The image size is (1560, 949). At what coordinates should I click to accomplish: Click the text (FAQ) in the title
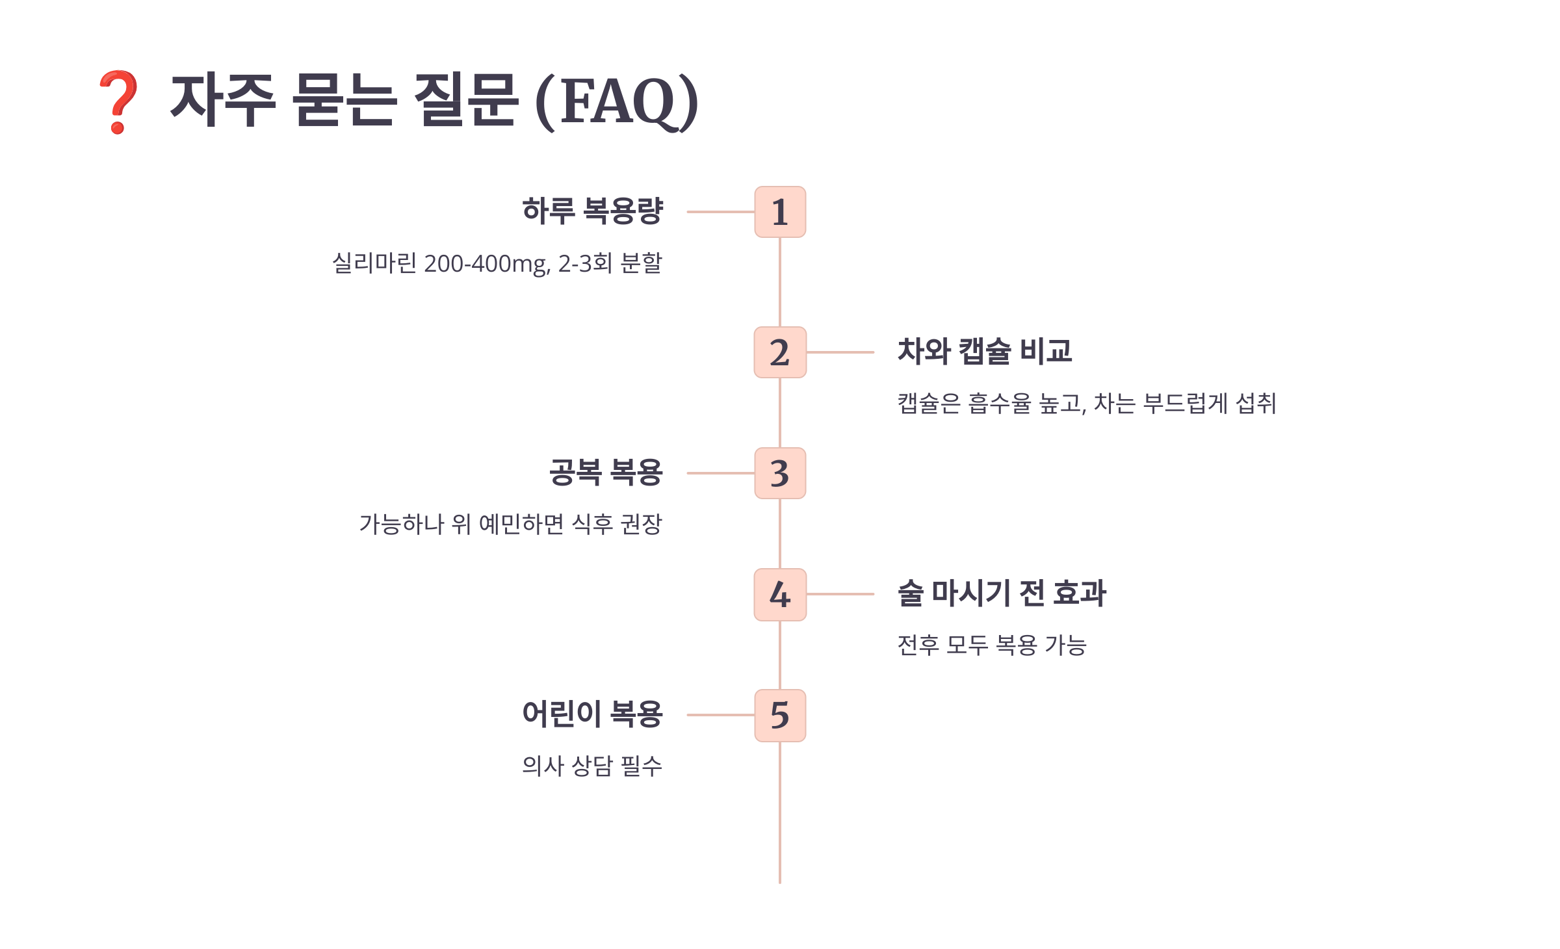point(616,101)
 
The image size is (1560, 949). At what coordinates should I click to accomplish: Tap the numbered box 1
point(780,212)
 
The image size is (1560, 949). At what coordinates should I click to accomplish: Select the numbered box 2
point(780,352)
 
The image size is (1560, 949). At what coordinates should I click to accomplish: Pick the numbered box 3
point(780,473)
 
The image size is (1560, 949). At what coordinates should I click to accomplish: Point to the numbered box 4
point(780,595)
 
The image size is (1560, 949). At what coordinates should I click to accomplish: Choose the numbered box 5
point(780,715)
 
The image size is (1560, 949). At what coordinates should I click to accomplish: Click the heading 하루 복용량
point(592,211)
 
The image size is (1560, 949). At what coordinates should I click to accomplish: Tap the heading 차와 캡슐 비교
point(984,351)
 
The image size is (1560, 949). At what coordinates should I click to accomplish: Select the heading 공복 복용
point(605,473)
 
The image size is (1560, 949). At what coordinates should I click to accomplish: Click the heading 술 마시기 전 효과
point(1002,593)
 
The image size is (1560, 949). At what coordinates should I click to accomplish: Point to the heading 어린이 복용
point(592,714)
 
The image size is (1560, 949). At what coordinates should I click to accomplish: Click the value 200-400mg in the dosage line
point(486,264)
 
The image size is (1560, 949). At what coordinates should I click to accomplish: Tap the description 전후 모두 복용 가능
point(992,645)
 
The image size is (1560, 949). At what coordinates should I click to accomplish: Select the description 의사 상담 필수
point(592,766)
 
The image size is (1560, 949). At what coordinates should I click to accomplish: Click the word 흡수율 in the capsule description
point(1000,404)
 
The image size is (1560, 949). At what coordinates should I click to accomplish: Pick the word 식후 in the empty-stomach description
point(593,524)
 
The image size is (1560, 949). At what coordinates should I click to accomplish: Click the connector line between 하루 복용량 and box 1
point(720,212)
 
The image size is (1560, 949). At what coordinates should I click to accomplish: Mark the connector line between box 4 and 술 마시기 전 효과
point(840,594)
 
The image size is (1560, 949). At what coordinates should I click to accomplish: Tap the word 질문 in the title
point(466,100)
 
